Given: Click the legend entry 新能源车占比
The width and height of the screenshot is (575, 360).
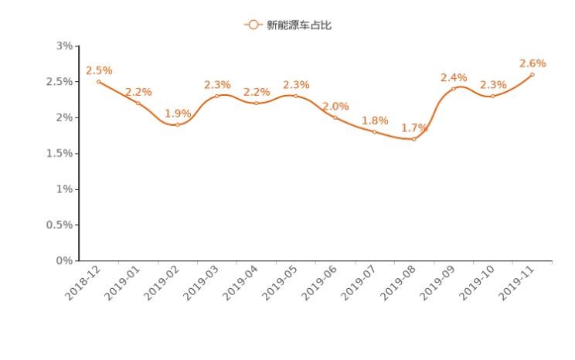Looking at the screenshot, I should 288,25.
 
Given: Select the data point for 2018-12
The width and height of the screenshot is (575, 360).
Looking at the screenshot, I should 99,82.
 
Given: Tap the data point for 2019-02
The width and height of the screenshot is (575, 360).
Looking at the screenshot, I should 178,124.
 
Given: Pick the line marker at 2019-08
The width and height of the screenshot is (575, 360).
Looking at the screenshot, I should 414,139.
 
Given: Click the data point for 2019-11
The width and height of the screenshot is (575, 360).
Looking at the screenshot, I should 532,74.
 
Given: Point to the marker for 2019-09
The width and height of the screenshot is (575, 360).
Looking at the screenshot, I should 454,89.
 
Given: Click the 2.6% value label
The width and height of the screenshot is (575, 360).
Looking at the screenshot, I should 532,63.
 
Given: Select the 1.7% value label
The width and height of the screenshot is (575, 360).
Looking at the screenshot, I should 414,127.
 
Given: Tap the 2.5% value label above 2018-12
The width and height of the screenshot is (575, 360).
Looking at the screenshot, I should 99,70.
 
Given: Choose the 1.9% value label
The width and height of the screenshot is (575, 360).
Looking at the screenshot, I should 178,114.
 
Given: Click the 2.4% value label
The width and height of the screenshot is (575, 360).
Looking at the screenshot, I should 454,77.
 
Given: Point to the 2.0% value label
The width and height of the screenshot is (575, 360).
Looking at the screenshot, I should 335,106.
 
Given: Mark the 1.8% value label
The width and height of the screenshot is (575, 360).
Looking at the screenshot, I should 375,121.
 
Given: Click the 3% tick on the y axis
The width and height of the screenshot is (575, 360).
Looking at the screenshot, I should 65,46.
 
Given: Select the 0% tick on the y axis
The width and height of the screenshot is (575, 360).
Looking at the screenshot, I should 65,261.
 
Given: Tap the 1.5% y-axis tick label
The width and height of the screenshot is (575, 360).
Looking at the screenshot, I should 60,154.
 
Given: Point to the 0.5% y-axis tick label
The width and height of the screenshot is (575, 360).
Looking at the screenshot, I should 60,225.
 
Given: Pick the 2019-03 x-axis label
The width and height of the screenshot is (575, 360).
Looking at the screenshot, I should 201,284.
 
